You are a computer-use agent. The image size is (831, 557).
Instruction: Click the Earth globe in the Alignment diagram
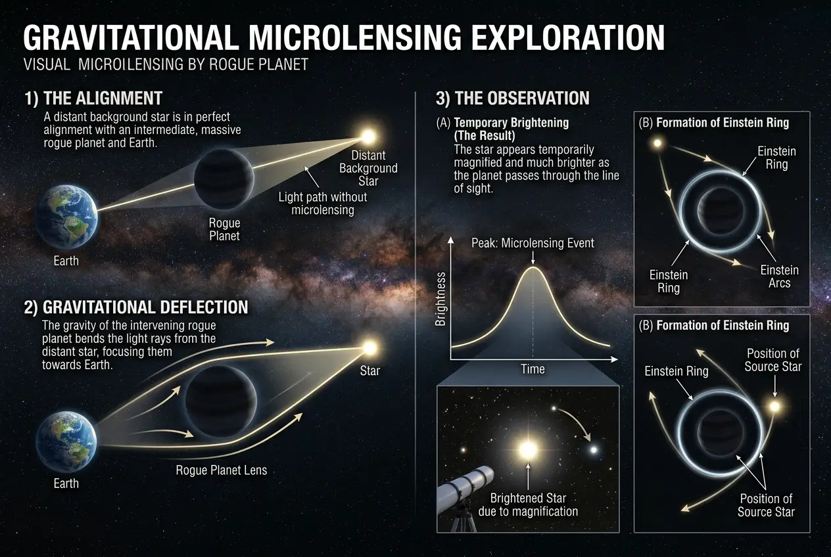[x=66, y=216]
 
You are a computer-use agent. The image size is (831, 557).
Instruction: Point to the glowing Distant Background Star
[x=368, y=136]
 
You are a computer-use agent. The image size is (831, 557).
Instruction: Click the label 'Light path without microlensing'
[x=323, y=204]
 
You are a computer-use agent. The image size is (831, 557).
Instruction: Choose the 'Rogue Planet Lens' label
[x=222, y=470]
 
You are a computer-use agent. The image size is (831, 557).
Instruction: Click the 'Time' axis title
[x=533, y=369]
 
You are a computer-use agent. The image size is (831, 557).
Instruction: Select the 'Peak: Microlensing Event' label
[x=533, y=243]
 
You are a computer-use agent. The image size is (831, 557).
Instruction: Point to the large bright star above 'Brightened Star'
[x=527, y=450]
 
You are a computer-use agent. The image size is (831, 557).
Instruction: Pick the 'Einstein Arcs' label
[x=780, y=277]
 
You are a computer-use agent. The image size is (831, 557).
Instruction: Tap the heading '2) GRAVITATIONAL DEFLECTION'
[x=136, y=307]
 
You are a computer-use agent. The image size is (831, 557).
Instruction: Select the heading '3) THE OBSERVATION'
[x=513, y=99]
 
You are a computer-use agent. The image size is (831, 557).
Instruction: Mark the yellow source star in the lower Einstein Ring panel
[x=774, y=407]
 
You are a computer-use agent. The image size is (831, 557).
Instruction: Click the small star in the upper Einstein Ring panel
[x=656, y=143]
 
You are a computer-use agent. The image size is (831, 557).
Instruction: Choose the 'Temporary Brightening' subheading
[x=511, y=123]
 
